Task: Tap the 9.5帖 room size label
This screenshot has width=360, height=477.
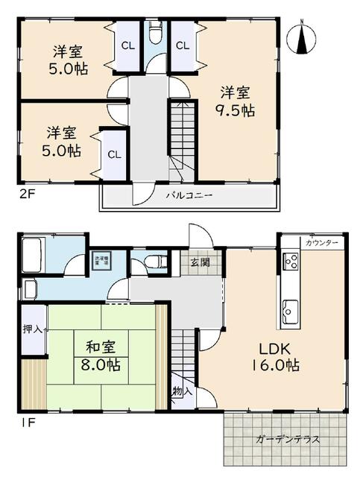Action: click(237, 110)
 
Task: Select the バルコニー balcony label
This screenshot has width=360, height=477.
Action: click(189, 195)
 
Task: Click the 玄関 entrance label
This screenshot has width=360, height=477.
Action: click(200, 262)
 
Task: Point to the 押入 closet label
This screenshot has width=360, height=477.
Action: click(31, 329)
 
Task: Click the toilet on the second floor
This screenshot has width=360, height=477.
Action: click(156, 34)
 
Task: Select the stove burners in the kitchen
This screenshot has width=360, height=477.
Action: click(290, 262)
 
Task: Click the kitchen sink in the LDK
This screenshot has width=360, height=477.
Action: click(289, 308)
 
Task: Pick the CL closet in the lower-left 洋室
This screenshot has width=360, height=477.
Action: click(113, 154)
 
